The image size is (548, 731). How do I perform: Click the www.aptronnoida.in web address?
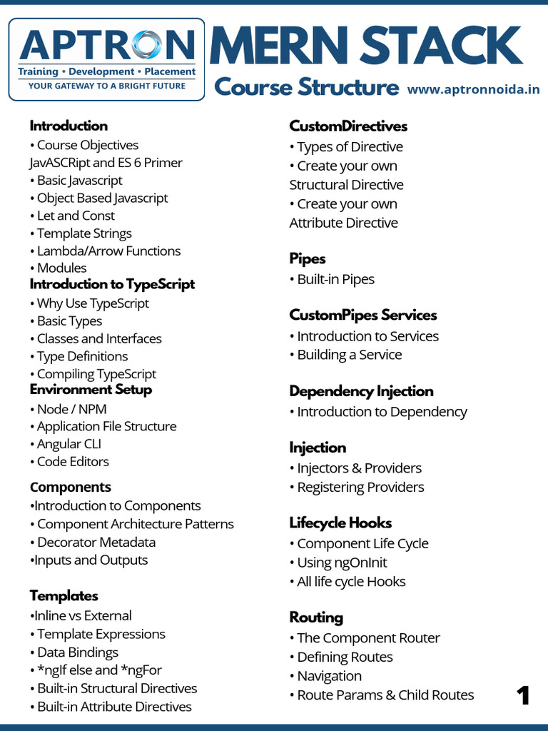point(473,89)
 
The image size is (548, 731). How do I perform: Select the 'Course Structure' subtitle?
point(306,87)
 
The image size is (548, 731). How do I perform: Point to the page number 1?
point(524,695)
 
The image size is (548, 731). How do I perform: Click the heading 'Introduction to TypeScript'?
point(112,284)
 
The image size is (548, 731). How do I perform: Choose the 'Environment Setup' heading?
point(91,389)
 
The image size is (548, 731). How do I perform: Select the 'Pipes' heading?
point(308,258)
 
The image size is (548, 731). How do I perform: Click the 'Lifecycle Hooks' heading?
point(340,523)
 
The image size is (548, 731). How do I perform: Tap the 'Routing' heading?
point(316,617)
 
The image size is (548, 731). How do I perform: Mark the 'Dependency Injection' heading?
point(361,391)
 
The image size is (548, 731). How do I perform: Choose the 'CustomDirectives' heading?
point(348,126)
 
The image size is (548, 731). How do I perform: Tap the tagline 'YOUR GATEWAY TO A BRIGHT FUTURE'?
point(107,86)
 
